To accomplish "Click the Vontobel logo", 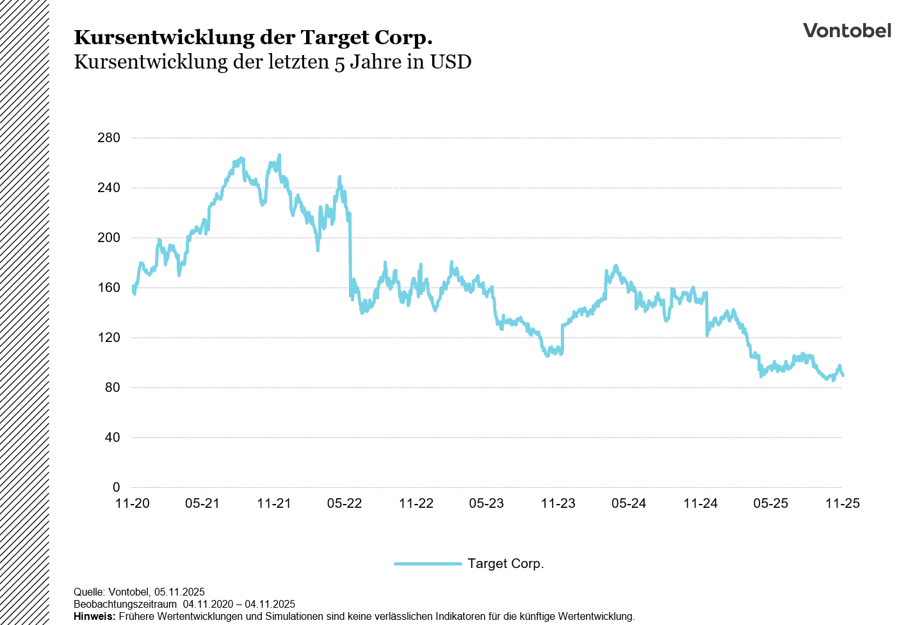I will [846, 31].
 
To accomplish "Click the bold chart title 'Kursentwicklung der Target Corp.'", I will [253, 38].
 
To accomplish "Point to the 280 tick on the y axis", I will [109, 138].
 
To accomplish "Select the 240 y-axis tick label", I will [109, 188].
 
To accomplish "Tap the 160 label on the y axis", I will [109, 288].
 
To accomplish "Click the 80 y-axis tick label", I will [112, 387].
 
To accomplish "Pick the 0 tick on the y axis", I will [116, 487].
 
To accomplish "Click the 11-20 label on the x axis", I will [132, 503].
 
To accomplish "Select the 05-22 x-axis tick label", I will [344, 503].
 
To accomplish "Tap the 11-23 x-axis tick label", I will [558, 503].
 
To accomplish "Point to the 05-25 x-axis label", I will [771, 503].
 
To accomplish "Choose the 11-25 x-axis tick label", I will [843, 503].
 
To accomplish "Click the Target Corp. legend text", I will [505, 564].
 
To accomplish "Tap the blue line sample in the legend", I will [428, 564].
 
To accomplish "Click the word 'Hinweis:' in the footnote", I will [94, 617].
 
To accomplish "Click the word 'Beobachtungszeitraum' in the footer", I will [125, 605].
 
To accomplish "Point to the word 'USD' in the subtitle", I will [450, 62].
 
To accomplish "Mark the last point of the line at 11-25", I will [843, 375].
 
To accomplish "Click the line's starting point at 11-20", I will [133, 289].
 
